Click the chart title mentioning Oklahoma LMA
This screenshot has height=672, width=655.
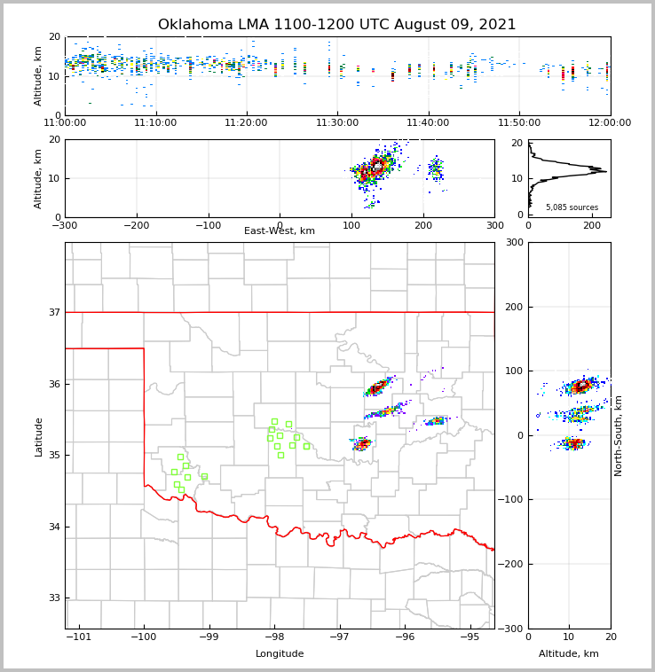[x=336, y=25]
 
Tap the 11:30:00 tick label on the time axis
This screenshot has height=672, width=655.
[x=337, y=122]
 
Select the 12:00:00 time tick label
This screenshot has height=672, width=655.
[x=610, y=122]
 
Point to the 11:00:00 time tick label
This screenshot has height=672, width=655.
[x=65, y=122]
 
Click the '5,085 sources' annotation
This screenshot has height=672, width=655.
[x=572, y=207]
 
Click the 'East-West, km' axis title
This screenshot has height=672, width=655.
[x=280, y=231]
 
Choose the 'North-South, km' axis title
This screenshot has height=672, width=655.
[x=619, y=435]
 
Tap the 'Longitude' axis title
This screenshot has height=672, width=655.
[x=280, y=654]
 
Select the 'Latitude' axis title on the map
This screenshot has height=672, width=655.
[x=39, y=436]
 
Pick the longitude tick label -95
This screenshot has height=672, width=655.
[x=470, y=637]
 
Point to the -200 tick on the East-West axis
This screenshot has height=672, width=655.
[x=135, y=225]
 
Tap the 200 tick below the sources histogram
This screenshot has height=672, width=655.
[x=591, y=225]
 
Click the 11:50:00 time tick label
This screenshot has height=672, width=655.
[x=519, y=122]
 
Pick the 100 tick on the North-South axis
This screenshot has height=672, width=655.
[x=513, y=371]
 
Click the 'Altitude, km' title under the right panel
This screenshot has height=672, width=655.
[x=569, y=654]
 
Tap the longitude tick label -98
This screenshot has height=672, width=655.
[x=274, y=637]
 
